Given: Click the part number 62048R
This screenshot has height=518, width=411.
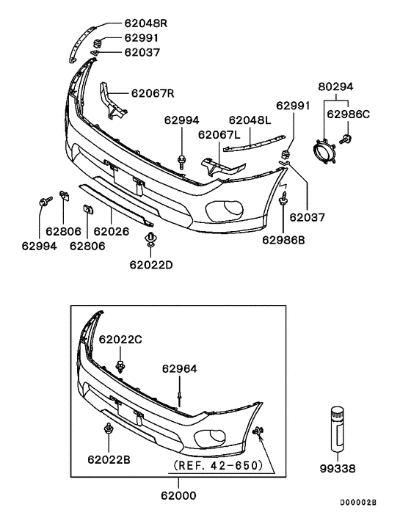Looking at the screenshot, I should pyautogui.click(x=144, y=23).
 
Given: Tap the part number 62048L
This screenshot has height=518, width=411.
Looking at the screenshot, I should pyautogui.click(x=250, y=120).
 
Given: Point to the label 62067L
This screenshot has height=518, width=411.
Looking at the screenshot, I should pyautogui.click(x=219, y=135).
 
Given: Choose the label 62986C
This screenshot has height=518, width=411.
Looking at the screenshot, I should pyautogui.click(x=349, y=114).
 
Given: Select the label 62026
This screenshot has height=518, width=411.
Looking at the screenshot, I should pyautogui.click(x=110, y=230).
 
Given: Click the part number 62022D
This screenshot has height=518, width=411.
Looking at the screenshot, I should pyautogui.click(x=151, y=264).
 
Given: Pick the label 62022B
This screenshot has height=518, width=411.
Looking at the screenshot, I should pyautogui.click(x=109, y=459).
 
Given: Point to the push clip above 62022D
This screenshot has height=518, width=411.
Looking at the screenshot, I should pyautogui.click(x=152, y=239).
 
